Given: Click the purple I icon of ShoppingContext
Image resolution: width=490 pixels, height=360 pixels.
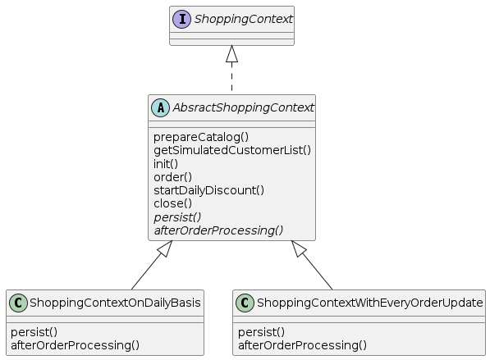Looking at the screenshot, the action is tap(181, 20).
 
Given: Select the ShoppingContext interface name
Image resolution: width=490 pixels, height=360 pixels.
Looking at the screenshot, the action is tap(244, 19).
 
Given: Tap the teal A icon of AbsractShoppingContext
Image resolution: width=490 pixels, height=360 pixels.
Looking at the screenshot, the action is tap(160, 107).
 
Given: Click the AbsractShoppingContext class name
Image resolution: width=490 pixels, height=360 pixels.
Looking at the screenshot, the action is tap(244, 107).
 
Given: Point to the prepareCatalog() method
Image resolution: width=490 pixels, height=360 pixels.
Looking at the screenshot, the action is tap(201, 137).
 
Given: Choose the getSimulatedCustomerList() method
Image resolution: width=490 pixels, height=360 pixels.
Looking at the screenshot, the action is tap(232, 150).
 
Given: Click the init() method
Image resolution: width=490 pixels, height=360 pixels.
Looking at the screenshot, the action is tap(166, 164).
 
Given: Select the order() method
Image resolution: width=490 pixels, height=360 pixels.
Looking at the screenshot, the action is tap(173, 177).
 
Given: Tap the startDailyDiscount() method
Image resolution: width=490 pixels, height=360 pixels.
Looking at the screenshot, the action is tap(208, 190).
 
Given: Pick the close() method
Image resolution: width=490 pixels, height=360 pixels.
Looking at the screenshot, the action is tap(173, 203).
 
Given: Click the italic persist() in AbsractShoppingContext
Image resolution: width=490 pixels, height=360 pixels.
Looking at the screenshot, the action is tap(177, 217).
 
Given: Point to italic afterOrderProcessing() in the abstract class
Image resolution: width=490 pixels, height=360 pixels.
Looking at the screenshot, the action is tap(218, 230).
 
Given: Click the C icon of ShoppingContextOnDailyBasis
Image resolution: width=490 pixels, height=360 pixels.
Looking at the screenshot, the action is tap(18, 303).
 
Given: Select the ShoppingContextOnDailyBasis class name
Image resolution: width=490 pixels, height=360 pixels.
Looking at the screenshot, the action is tap(115, 303).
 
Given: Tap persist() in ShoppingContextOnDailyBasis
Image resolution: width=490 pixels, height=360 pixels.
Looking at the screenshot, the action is tap(34, 332).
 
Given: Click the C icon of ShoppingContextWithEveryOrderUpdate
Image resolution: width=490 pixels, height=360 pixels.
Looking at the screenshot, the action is tap(245, 303).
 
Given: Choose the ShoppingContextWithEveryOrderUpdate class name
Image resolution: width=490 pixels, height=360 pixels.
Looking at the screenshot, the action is tap(369, 303).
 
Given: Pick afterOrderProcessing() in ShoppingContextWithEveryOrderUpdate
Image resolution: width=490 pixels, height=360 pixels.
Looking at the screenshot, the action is tap(302, 345).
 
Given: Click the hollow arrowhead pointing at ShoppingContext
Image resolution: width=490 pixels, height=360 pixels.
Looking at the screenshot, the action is tap(231, 53).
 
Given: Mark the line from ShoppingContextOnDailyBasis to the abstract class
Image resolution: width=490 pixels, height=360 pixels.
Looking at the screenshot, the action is tap(152, 265).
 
